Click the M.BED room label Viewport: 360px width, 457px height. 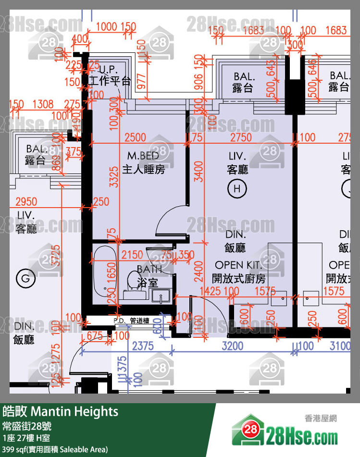pos(143,156)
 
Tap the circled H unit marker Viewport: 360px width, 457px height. pos(236,189)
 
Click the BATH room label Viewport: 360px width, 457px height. pos(149,269)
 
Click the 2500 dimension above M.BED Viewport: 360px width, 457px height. pos(135,137)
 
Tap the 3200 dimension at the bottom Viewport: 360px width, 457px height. pos(233,346)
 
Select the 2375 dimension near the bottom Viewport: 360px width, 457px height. pos(143,346)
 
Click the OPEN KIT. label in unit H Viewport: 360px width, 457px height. pos(238,265)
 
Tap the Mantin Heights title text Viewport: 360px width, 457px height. pos(74,411)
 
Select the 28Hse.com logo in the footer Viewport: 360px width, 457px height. pos(285,431)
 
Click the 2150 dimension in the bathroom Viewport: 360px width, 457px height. pos(133,254)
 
